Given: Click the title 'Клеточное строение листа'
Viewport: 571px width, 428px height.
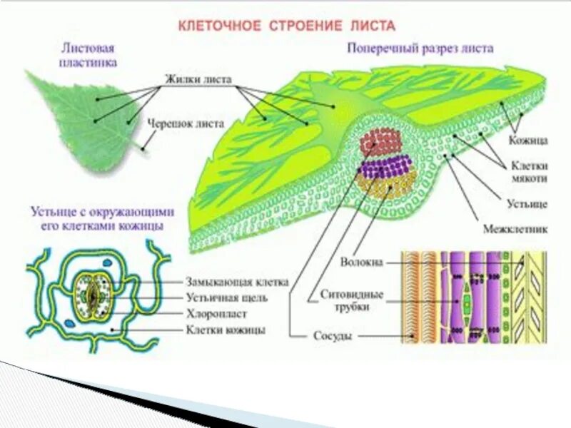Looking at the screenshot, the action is (285, 26).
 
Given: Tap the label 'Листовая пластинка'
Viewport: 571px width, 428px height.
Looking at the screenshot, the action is (89, 56).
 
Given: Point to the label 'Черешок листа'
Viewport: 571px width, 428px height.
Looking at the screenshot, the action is (181, 122).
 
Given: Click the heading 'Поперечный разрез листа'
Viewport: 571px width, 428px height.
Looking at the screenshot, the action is (421, 49).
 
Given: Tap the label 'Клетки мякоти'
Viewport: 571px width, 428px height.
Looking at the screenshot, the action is (529, 169).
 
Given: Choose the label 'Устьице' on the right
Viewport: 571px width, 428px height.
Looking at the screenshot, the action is (527, 204).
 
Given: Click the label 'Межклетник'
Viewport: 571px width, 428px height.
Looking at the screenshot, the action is (515, 230).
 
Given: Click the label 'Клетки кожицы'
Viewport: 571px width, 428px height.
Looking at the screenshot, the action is (226, 330).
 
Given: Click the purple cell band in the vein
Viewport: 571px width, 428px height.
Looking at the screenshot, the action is (385, 168).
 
